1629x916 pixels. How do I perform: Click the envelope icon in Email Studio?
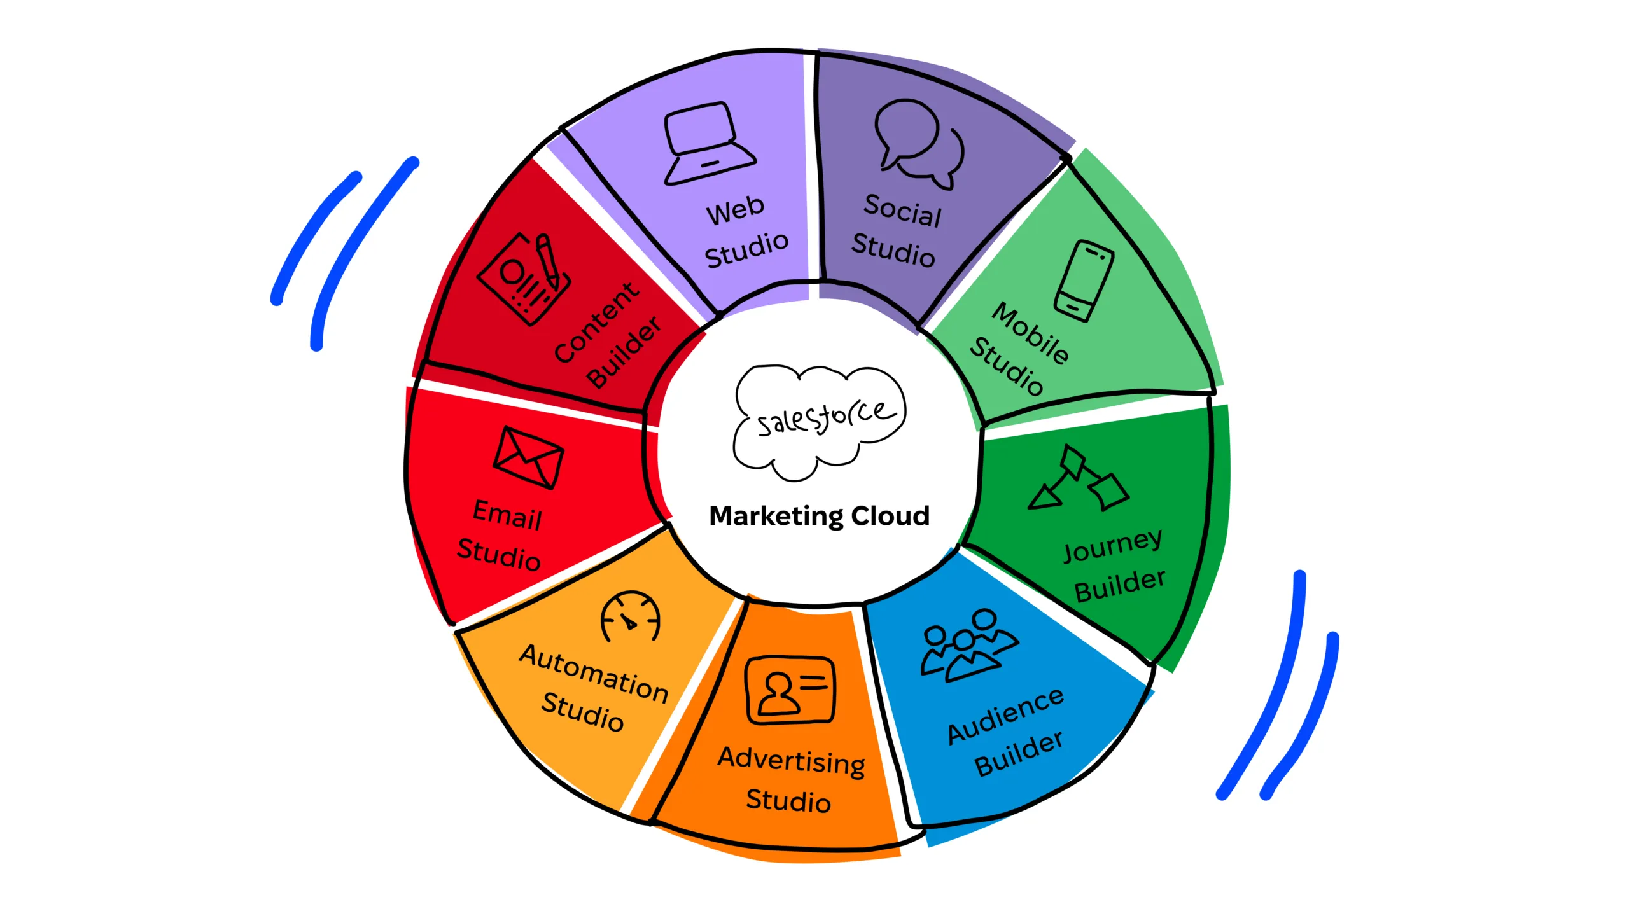[x=528, y=457]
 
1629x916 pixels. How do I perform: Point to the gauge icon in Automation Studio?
[x=630, y=618]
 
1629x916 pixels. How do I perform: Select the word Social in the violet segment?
[x=902, y=211]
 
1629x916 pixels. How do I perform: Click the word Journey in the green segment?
[x=1112, y=546]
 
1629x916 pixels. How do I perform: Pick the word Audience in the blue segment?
[x=1005, y=715]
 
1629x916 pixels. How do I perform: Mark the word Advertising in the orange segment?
[x=791, y=761]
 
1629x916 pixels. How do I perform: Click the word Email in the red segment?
[x=507, y=515]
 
